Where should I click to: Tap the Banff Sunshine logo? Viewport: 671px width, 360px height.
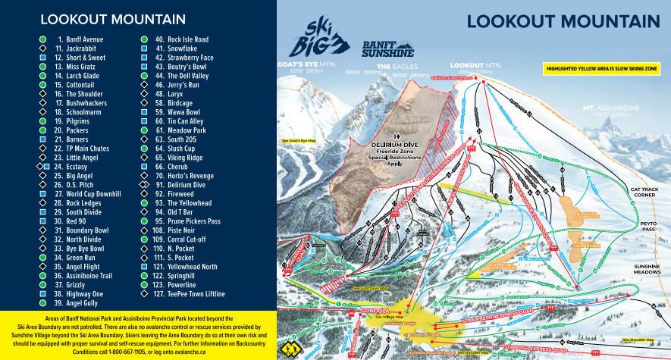coord(387,49)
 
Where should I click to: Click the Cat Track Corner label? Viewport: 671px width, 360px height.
coord(649,192)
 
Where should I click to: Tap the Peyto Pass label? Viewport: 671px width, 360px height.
coord(649,228)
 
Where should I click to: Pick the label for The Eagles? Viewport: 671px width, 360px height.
coord(394,67)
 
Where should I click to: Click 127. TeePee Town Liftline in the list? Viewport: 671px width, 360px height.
coord(190,293)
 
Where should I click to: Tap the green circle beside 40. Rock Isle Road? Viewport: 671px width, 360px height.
coord(144,39)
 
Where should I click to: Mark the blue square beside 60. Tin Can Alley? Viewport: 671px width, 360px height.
coord(144,121)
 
